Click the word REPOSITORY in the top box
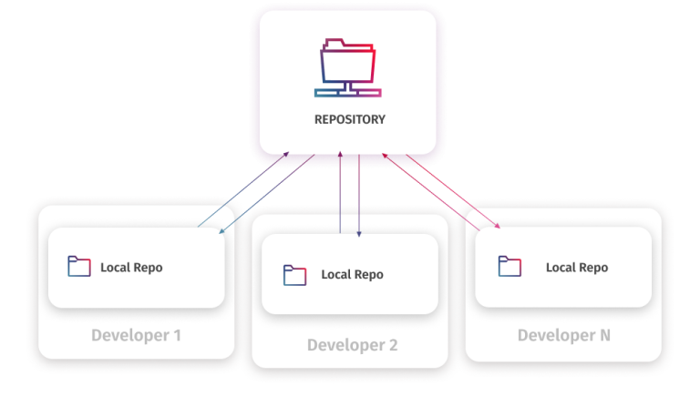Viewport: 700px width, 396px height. pyautogui.click(x=349, y=119)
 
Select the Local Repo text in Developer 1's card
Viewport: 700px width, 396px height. pyautogui.click(x=131, y=268)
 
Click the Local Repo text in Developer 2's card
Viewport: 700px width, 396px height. pyautogui.click(x=352, y=275)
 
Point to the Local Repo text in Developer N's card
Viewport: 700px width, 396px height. pyautogui.click(x=576, y=268)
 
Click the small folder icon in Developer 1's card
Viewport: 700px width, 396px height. pyautogui.click(x=79, y=267)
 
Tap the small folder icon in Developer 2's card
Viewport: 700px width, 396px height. pyautogui.click(x=294, y=274)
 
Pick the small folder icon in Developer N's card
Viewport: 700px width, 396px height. pyautogui.click(x=510, y=267)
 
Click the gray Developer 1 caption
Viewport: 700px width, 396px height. pyautogui.click(x=136, y=336)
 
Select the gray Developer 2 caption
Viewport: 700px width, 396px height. pyautogui.click(x=352, y=345)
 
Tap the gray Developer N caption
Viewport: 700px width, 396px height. pyautogui.click(x=563, y=336)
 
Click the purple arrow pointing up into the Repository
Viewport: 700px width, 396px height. pyautogui.click(x=340, y=196)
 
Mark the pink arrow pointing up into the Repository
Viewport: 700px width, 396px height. pyautogui.click(x=428, y=187)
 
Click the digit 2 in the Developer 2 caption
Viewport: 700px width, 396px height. pyautogui.click(x=392, y=345)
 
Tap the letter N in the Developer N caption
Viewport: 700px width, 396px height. pyautogui.click(x=603, y=336)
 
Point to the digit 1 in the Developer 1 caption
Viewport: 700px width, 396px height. pyautogui.click(x=177, y=336)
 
